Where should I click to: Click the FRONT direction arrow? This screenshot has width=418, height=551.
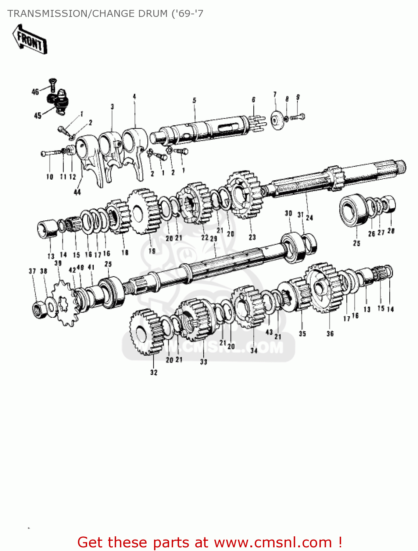click(29, 40)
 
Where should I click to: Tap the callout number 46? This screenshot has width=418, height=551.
click(35, 92)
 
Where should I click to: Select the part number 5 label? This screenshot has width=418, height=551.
click(194, 100)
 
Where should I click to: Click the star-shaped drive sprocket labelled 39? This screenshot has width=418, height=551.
click(65, 303)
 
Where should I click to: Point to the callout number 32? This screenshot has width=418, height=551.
click(154, 372)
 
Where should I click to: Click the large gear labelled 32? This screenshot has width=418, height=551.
click(144, 332)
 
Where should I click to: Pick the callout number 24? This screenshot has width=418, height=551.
click(310, 217)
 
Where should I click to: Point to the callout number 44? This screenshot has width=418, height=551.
click(77, 192)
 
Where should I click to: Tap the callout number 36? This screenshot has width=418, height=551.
click(330, 334)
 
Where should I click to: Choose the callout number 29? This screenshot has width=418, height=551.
click(214, 238)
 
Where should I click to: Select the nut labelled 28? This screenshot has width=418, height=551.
click(390, 204)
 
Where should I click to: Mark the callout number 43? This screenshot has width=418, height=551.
click(269, 332)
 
